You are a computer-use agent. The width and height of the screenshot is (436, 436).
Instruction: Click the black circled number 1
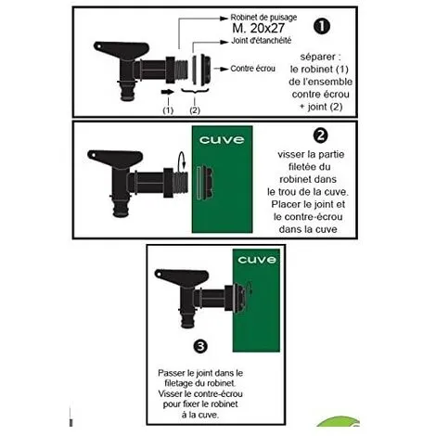(x=322, y=26)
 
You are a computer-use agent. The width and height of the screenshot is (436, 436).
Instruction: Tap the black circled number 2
(x=320, y=135)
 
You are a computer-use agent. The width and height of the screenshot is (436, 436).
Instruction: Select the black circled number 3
(x=200, y=346)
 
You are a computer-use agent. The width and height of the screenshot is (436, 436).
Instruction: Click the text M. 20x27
(x=258, y=28)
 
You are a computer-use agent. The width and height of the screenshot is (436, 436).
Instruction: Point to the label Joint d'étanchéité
(x=262, y=41)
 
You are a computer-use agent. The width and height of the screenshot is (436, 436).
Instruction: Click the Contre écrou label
(x=252, y=69)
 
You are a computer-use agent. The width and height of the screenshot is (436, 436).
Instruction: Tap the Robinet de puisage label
(x=263, y=18)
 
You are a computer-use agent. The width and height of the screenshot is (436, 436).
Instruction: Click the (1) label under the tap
(x=168, y=110)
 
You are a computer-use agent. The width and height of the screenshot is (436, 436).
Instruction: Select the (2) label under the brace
(x=195, y=110)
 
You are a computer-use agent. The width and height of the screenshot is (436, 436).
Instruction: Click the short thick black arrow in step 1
(x=168, y=92)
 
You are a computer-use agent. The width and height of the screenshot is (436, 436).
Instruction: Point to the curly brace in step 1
(x=195, y=91)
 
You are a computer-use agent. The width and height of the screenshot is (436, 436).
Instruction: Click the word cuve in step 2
(x=222, y=140)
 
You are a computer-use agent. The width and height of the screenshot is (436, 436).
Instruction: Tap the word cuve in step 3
(x=257, y=260)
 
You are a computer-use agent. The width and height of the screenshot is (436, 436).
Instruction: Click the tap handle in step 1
(x=122, y=50)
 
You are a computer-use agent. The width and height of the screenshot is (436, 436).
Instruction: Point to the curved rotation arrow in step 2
(x=182, y=160)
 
